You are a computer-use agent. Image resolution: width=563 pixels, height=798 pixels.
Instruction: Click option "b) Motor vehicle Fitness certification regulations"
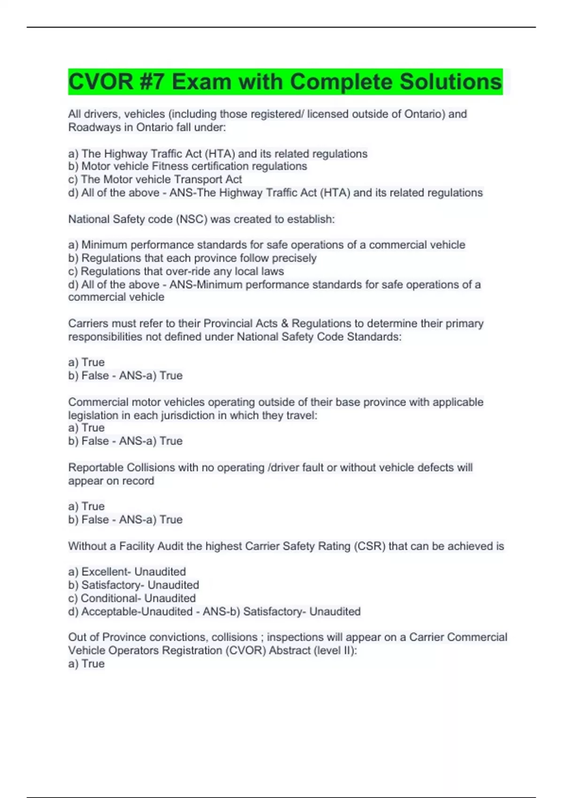(188, 166)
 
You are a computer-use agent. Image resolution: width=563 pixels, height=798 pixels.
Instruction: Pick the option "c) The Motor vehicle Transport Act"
(155, 179)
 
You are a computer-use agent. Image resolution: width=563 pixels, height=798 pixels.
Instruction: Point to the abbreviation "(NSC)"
(191, 219)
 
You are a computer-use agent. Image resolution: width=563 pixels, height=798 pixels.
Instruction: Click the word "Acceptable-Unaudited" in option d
(137, 612)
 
